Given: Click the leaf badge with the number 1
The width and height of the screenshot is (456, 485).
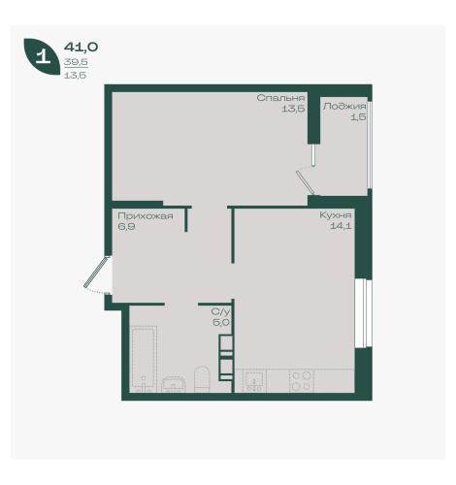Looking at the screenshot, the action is (42, 57).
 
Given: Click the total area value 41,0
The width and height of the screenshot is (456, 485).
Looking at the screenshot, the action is (81, 48).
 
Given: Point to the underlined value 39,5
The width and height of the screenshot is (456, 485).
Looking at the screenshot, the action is (76, 62).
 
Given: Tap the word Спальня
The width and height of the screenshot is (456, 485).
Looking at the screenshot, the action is (280, 98).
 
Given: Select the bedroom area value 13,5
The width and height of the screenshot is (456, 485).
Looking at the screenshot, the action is (293, 109).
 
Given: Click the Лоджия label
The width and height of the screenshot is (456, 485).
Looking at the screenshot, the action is (344, 107).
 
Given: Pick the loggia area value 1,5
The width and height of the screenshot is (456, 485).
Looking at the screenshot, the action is (359, 116).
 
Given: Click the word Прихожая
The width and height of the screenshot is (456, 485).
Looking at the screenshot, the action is (146, 216).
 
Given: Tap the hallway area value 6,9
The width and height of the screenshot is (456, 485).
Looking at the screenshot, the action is (126, 226).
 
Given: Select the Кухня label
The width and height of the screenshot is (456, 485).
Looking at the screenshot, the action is (336, 215).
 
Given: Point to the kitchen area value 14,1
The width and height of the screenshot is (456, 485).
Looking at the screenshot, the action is (341, 226).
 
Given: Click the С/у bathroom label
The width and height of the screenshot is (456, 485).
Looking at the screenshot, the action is (220, 311).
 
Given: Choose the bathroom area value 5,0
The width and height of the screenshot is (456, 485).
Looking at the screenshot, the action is (221, 322).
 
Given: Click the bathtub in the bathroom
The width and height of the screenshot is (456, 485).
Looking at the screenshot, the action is (144, 359).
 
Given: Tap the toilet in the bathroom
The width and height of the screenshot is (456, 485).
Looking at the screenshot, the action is (202, 379).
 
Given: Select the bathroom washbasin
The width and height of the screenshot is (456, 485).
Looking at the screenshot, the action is (174, 384).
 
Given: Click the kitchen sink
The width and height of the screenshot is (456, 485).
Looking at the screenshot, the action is (255, 381).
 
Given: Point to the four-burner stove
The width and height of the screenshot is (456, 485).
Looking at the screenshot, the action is (302, 381).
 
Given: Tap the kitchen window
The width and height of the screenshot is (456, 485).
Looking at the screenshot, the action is (364, 313).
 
